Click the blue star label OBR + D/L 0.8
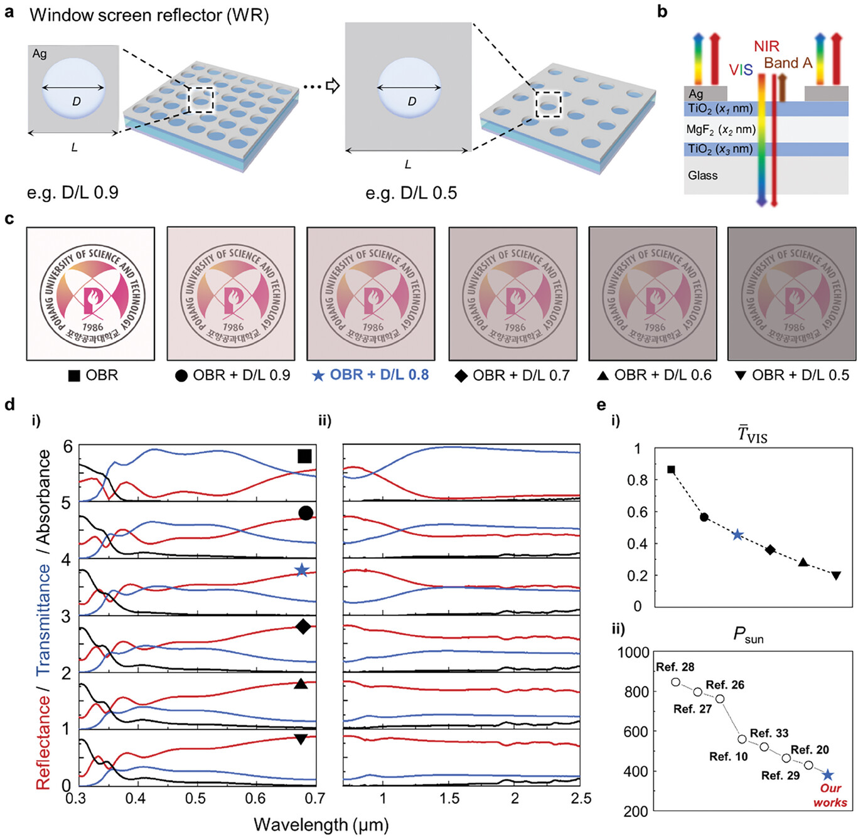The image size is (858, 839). pyautogui.click(x=371, y=375)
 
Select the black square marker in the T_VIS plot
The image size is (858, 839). pyautogui.click(x=671, y=469)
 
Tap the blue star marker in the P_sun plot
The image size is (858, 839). pyautogui.click(x=829, y=776)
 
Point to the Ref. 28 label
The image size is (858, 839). pyautogui.click(x=675, y=667)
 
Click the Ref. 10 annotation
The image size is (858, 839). pyautogui.click(x=729, y=757)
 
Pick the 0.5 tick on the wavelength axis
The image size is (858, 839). pyautogui.click(x=195, y=798)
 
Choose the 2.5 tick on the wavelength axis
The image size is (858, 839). pyautogui.click(x=581, y=798)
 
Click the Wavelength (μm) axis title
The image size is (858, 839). pyautogui.click(x=321, y=825)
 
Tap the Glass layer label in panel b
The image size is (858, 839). pyautogui.click(x=702, y=176)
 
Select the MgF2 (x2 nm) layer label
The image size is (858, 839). pyautogui.click(x=721, y=130)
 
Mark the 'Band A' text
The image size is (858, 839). pyautogui.click(x=788, y=63)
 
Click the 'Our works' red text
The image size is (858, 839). pyautogui.click(x=830, y=796)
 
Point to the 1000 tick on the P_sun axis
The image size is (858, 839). pyautogui.click(x=633, y=653)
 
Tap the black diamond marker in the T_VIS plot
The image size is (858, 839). pyautogui.click(x=770, y=550)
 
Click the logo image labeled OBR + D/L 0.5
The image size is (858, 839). pyautogui.click(x=791, y=294)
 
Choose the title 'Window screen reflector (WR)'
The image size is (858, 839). pyautogui.click(x=149, y=15)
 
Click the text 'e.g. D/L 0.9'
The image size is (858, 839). pyautogui.click(x=72, y=192)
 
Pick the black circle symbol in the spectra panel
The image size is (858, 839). pyautogui.click(x=306, y=513)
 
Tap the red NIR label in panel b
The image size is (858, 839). pyautogui.click(x=766, y=46)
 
